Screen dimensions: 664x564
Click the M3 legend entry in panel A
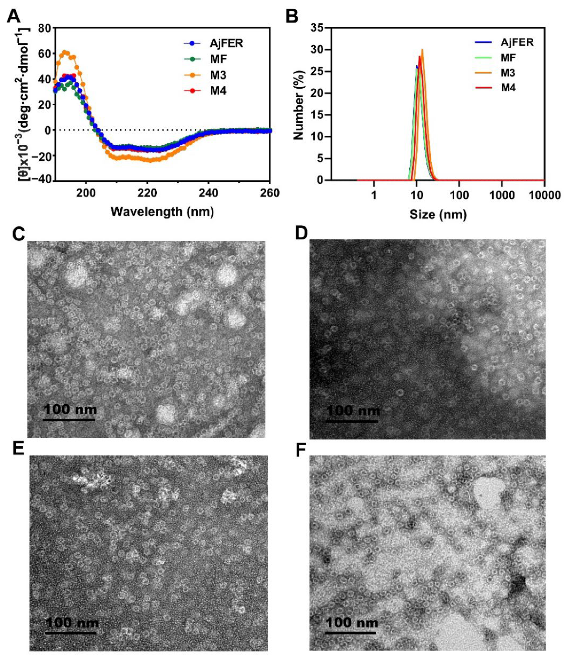(218, 75)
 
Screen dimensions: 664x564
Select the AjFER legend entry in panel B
(517, 42)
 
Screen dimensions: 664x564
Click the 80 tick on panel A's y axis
(44, 28)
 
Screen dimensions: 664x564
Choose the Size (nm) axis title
(438, 214)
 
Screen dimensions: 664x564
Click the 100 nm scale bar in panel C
(69, 419)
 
